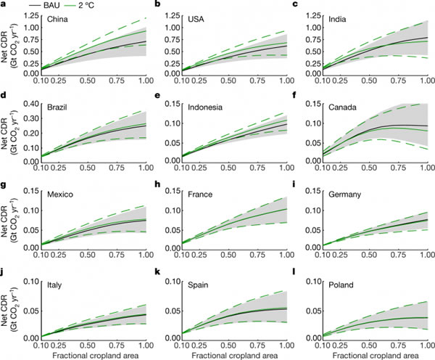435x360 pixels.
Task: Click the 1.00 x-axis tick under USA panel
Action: pos(278,82)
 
